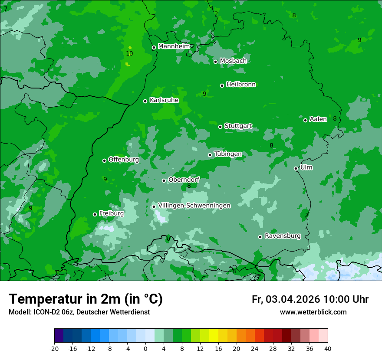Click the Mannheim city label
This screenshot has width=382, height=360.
point(174,46)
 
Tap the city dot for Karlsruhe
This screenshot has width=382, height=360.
point(145,101)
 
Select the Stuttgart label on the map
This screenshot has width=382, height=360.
point(238,126)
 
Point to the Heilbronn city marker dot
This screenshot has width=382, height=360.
point(222,85)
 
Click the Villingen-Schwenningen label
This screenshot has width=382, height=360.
point(194,206)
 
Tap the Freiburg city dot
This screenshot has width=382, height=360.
point(95,214)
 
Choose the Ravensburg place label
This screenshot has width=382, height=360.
point(282,236)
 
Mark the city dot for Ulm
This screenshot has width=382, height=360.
point(296,168)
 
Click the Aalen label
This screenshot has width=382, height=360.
point(318,119)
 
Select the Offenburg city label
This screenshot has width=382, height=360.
point(123,160)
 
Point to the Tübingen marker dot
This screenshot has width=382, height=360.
point(210,155)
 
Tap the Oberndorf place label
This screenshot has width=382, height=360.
point(184,180)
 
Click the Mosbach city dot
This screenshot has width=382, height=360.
point(215,62)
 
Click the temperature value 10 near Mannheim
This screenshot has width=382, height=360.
point(129,54)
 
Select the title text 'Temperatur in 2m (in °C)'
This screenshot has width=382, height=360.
point(86,299)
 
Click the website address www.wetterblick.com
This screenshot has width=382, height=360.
point(313,312)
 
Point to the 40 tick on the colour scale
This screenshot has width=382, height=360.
point(327,348)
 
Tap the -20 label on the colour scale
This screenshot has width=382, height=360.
point(54,348)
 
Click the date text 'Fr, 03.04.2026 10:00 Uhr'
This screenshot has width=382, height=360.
point(310,299)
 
